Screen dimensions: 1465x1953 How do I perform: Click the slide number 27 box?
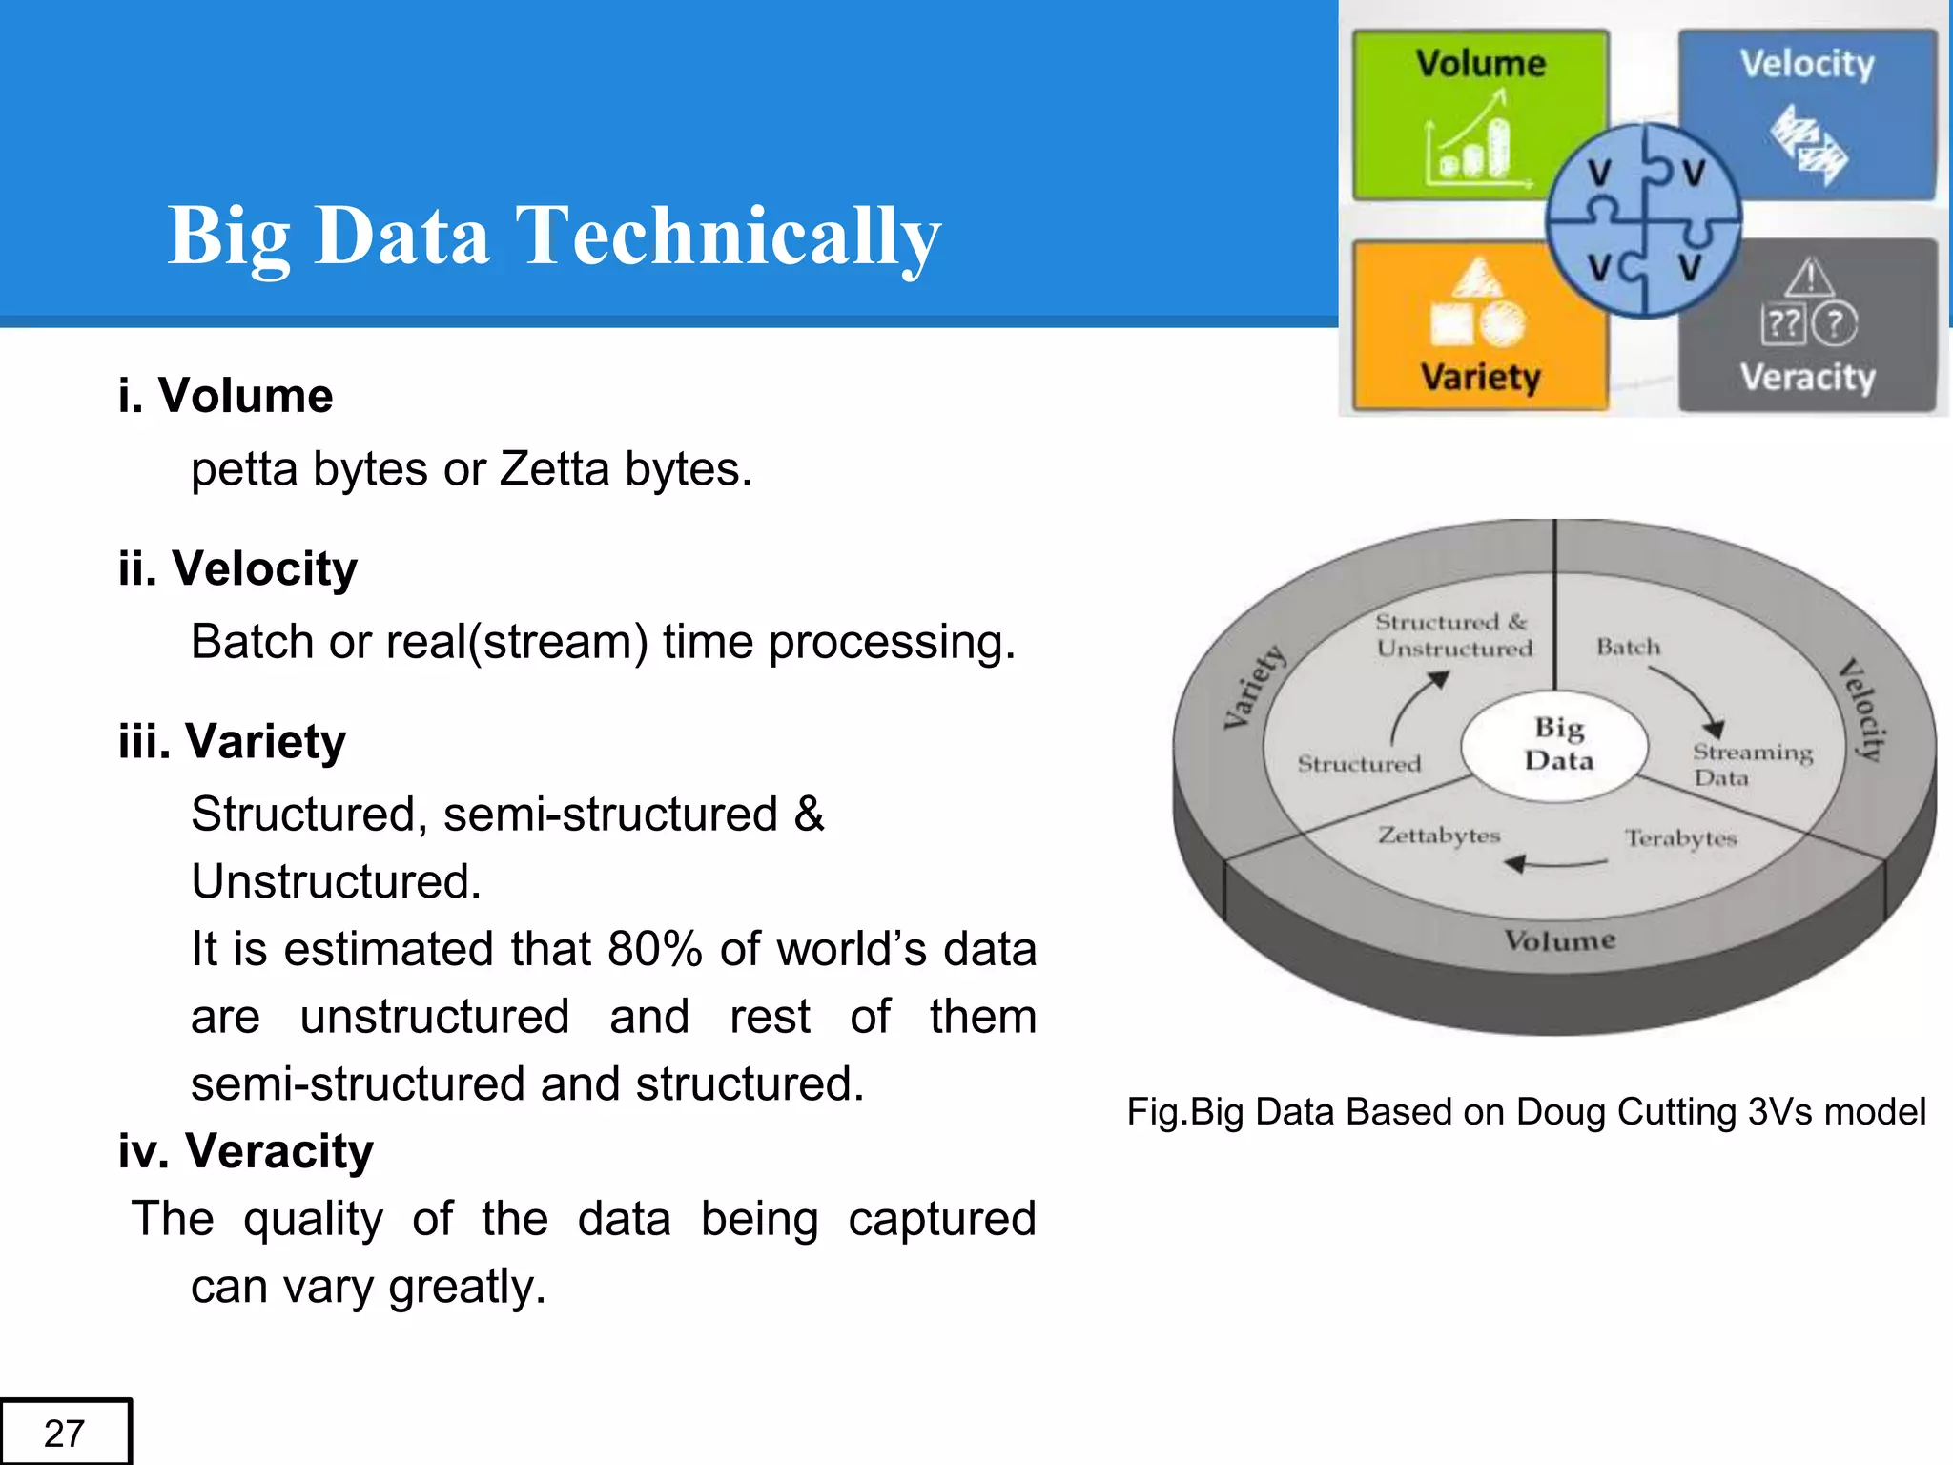click(65, 1432)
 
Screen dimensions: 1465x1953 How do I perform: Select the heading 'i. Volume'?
click(226, 396)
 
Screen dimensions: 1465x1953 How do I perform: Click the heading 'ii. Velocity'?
click(237, 568)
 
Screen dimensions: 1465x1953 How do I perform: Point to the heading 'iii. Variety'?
click(232, 741)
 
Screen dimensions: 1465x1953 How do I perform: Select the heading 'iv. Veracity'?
click(245, 1151)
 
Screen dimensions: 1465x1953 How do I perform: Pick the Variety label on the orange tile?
click(1480, 377)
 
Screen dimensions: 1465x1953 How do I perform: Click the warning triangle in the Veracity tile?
click(1809, 279)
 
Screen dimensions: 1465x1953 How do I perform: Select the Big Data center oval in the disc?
click(1557, 745)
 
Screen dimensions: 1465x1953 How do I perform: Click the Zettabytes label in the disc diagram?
click(1439, 836)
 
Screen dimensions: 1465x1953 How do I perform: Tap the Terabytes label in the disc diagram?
click(1681, 838)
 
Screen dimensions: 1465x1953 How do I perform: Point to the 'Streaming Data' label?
click(1751, 764)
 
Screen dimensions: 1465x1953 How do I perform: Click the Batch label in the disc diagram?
click(1628, 648)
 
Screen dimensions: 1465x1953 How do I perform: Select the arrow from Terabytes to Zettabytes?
click(1556, 864)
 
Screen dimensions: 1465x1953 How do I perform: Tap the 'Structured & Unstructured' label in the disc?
click(1453, 635)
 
